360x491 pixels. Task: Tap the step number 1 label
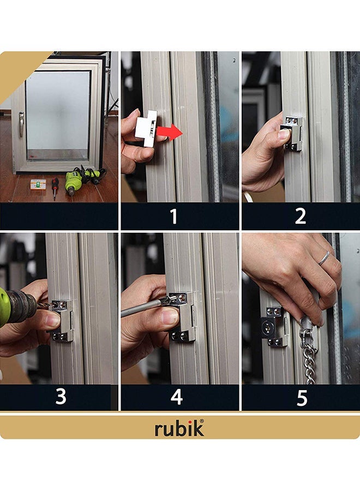(x=173, y=217)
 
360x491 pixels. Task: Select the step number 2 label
(x=300, y=217)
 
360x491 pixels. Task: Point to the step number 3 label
(x=61, y=397)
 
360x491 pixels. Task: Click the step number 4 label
(x=176, y=397)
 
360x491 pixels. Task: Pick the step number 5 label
(x=302, y=398)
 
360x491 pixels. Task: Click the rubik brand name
(x=178, y=429)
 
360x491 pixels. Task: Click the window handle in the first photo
(x=21, y=124)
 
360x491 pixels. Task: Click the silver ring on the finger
(x=324, y=258)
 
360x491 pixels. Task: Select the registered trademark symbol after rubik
(x=201, y=421)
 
